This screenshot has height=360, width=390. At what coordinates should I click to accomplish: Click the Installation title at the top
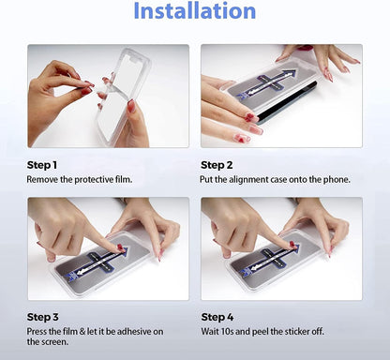pos(194,12)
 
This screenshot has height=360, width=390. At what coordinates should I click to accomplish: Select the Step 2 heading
pos(217,164)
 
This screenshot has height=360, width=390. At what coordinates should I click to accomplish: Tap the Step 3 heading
pos(42,318)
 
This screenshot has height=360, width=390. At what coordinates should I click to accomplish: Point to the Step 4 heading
pos(217,318)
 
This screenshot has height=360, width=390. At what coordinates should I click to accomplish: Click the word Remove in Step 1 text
pos(42,178)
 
